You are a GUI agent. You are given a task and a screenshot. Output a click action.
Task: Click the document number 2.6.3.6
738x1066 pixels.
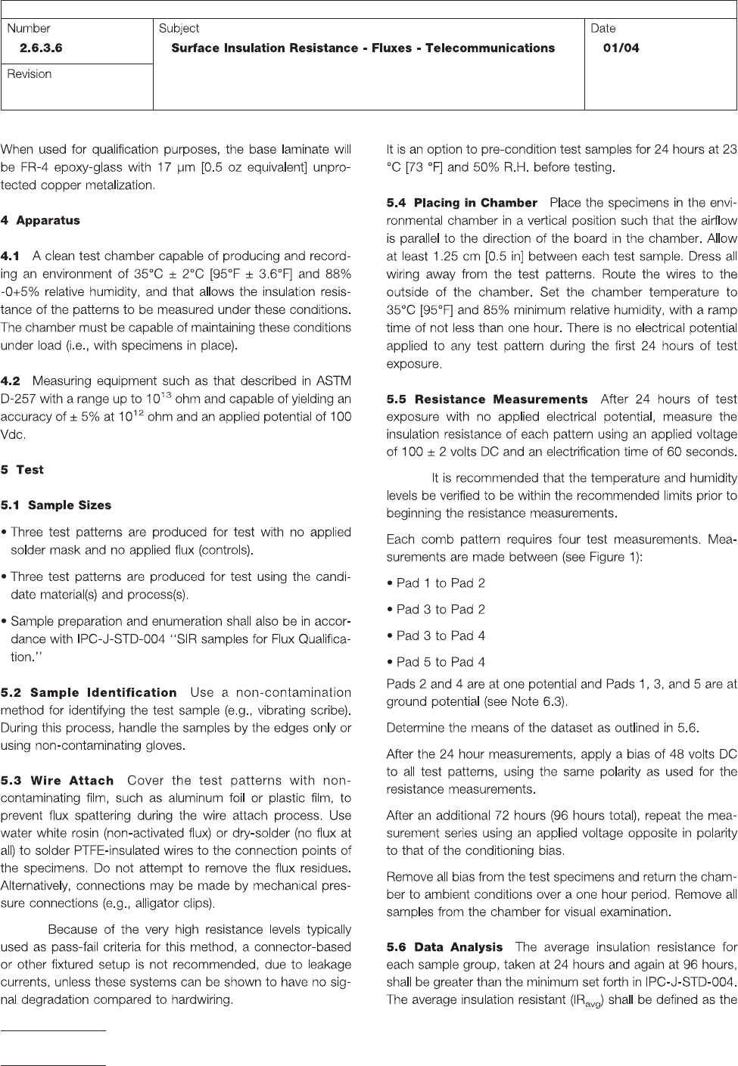(41, 48)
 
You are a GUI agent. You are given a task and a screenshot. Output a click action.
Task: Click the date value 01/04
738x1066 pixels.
(621, 48)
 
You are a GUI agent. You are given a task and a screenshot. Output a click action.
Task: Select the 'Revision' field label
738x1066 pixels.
(30, 74)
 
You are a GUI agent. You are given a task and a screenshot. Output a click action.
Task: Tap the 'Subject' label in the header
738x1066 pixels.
(179, 29)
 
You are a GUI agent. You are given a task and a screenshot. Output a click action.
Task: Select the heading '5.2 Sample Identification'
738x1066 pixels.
(89, 693)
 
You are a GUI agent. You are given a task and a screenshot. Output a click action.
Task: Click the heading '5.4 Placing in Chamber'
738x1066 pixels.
(461, 204)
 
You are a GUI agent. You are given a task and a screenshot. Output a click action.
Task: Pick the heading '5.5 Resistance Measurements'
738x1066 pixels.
(487, 399)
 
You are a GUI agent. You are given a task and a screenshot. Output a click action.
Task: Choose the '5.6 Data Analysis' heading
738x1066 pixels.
(444, 947)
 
